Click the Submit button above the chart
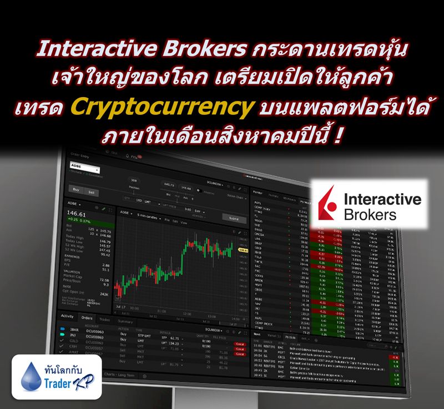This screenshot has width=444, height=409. (x=233, y=218)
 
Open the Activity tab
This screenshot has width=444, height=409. (x=67, y=316)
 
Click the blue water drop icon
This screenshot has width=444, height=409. (x=27, y=375)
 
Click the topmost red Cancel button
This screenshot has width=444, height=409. (x=225, y=336)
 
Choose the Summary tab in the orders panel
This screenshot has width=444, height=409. (x=125, y=321)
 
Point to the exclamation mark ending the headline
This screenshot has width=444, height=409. (x=339, y=134)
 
